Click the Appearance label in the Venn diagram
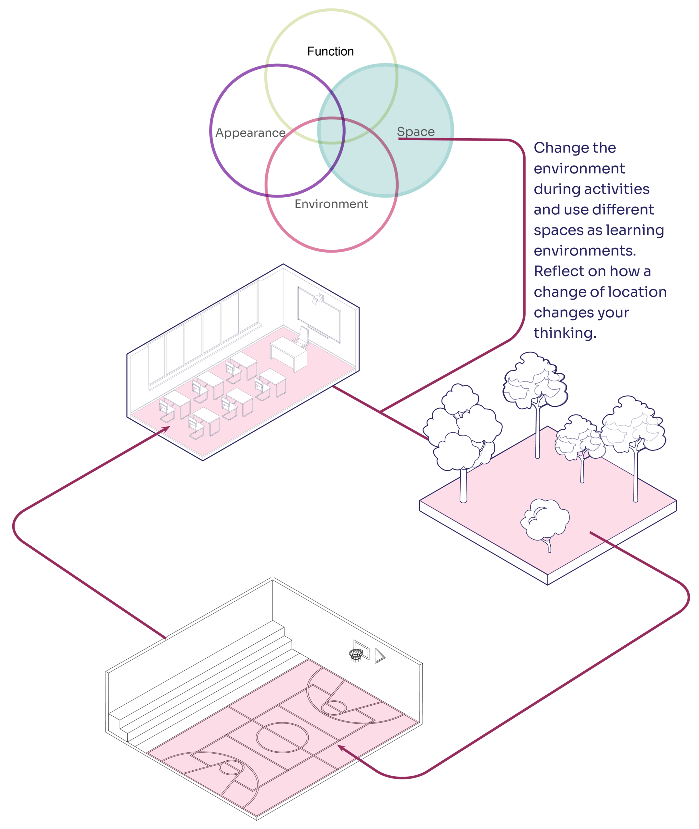pyautogui.click(x=250, y=133)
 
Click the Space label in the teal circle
pyautogui.click(x=416, y=131)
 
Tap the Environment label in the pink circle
pyautogui.click(x=331, y=204)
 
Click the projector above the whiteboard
pyautogui.click(x=318, y=299)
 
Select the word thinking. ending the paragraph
pyautogui.click(x=564, y=333)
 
